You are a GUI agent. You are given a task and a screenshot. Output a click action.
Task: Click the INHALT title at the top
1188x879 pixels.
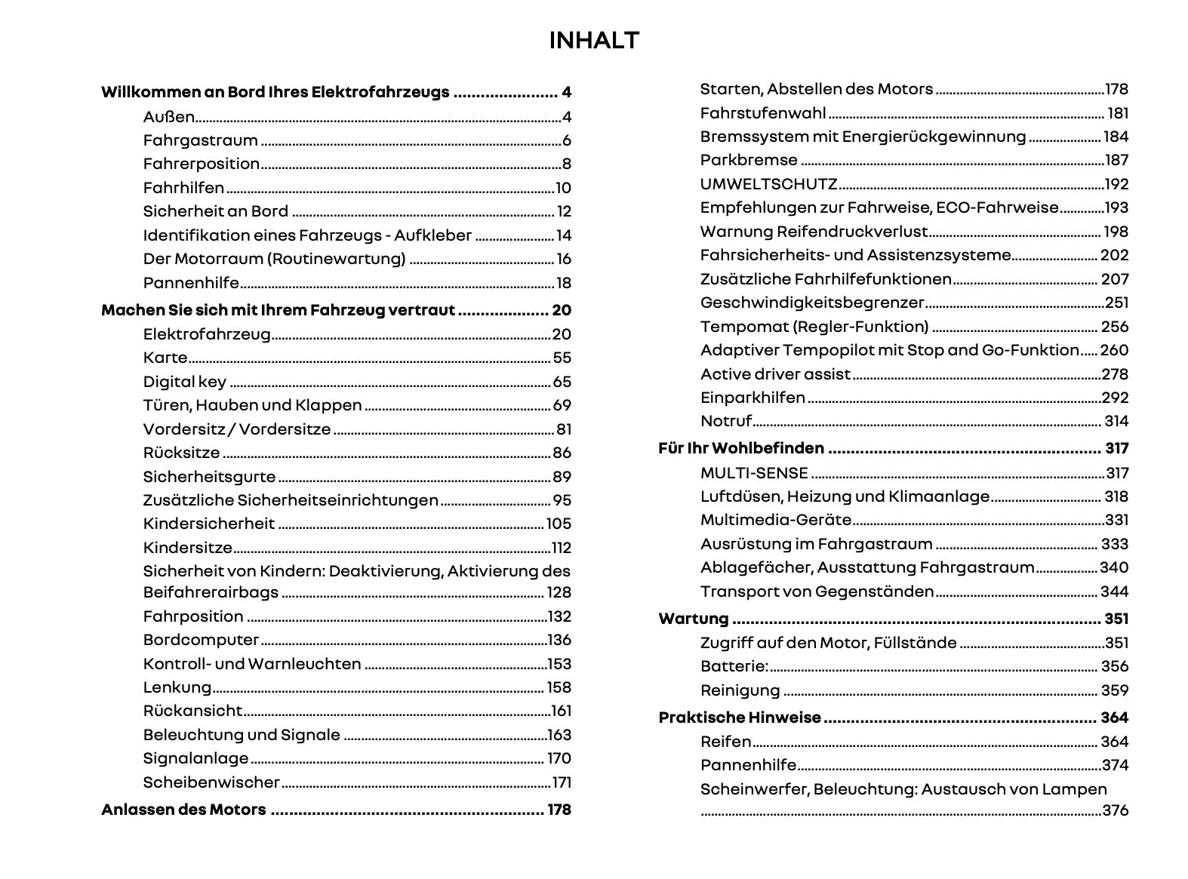(x=594, y=41)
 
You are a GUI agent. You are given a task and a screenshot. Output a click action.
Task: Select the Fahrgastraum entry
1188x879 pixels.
(x=200, y=140)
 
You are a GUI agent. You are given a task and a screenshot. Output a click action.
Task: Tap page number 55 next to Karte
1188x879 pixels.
(x=562, y=358)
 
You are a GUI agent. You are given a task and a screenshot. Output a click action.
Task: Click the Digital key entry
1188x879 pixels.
(x=184, y=382)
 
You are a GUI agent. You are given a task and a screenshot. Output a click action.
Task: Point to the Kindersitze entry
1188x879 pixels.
(x=188, y=548)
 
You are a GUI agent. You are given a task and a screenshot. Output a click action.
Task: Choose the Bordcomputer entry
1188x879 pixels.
(x=201, y=640)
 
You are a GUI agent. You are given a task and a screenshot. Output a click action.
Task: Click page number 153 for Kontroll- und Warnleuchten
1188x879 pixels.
(x=559, y=664)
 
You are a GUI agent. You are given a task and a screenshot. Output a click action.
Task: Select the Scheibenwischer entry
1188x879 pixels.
(x=211, y=782)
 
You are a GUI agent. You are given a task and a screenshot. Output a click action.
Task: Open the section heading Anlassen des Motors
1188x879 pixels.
(x=183, y=810)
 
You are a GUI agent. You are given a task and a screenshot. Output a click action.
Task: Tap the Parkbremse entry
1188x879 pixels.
(x=749, y=160)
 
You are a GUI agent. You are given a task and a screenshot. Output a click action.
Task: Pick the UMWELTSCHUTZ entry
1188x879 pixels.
(x=768, y=184)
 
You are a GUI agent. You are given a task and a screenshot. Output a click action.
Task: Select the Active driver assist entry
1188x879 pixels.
(x=775, y=374)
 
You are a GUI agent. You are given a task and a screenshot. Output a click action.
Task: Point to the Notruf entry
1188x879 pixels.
(x=725, y=421)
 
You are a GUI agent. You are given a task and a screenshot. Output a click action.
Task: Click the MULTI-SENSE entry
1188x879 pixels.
(x=754, y=473)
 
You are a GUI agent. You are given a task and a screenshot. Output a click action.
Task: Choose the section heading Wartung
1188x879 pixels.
(x=694, y=619)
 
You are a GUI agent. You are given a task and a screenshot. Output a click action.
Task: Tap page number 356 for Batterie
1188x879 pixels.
(x=1114, y=666)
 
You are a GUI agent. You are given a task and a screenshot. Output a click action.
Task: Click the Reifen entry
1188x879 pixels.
(x=725, y=742)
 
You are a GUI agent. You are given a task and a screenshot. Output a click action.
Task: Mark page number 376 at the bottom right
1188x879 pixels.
(x=1115, y=810)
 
